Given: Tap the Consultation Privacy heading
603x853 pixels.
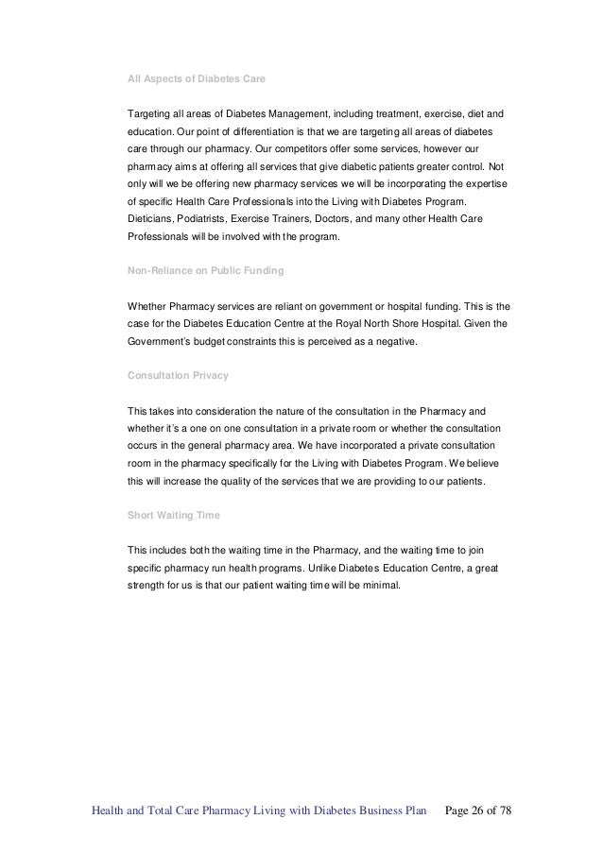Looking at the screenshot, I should click(177, 375).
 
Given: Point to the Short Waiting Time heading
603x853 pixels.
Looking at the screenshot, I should click(172, 515).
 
